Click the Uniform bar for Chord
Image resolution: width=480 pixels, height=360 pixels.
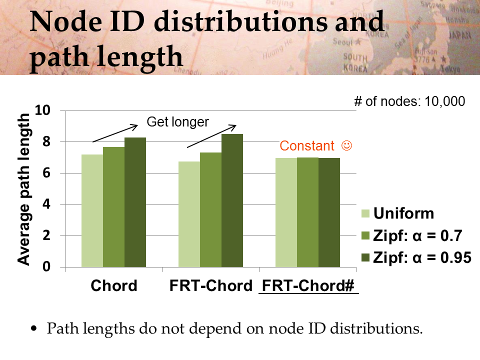pyautogui.click(x=92, y=210)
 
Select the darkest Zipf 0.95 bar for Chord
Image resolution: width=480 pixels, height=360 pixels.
pyautogui.click(x=135, y=202)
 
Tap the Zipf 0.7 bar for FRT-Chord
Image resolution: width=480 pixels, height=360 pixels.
pyautogui.click(x=210, y=209)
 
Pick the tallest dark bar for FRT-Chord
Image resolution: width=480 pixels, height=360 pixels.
pyautogui.click(x=232, y=200)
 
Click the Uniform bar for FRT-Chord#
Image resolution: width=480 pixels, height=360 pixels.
pyautogui.click(x=286, y=212)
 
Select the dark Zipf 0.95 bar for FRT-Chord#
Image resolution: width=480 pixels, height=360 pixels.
pyautogui.click(x=329, y=212)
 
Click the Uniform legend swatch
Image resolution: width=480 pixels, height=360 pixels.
pyautogui.click(x=365, y=213)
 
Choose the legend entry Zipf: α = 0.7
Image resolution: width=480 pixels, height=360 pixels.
pyautogui.click(x=411, y=235)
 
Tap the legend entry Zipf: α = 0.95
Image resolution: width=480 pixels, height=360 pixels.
pyautogui.click(x=416, y=258)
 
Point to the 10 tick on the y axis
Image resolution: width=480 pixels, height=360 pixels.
pyautogui.click(x=42, y=110)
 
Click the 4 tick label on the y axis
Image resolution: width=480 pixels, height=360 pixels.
pyautogui.click(x=46, y=204)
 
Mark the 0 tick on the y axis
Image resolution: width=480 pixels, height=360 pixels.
pyautogui.click(x=46, y=266)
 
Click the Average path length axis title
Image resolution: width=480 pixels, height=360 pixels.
pyautogui.click(x=23, y=189)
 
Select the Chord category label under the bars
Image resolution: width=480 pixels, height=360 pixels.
pyautogui.click(x=114, y=285)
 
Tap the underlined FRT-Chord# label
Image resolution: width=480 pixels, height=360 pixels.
pyautogui.click(x=308, y=285)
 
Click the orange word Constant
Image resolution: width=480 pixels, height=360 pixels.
pyautogui.click(x=306, y=145)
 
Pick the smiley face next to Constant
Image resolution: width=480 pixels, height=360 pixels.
pyautogui.click(x=346, y=145)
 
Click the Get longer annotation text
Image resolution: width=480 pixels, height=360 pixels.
pyautogui.click(x=177, y=122)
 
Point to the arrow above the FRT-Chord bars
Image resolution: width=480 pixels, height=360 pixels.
pyautogui.click(x=211, y=136)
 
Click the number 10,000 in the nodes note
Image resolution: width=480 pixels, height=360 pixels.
pyautogui.click(x=445, y=101)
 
